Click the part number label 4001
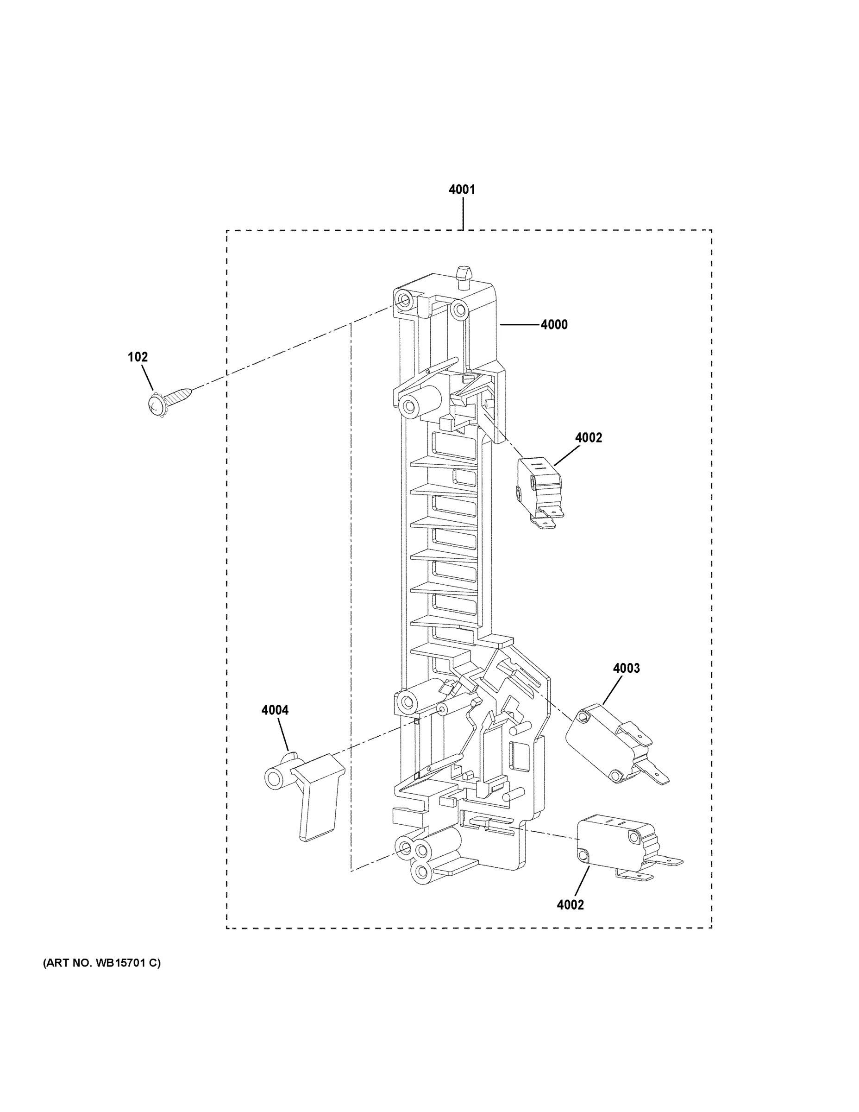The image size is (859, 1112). coord(462,190)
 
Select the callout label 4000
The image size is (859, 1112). coord(554,324)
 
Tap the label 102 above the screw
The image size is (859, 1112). coord(138,357)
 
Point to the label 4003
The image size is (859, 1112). coord(626,668)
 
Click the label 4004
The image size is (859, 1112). coord(275,710)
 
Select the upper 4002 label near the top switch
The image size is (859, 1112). coord(588,437)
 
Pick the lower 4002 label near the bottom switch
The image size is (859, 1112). coord(570,905)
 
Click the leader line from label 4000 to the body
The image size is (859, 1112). coord(519,324)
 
